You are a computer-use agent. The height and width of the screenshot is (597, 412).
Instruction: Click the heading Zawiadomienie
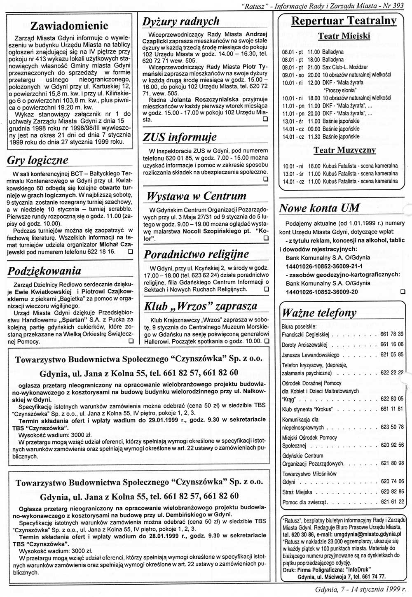pyautogui.click(x=69, y=26)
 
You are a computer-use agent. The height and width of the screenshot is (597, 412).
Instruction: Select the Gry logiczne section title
pyautogui.click(x=37, y=160)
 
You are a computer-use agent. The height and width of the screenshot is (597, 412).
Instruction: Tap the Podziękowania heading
pyautogui.click(x=44, y=271)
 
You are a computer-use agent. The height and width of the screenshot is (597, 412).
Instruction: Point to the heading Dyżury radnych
pyautogui.click(x=181, y=21)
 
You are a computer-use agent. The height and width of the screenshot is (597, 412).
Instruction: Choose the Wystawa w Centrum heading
pyautogui.click(x=196, y=196)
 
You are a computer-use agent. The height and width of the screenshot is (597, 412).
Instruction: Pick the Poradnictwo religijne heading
pyautogui.click(x=196, y=254)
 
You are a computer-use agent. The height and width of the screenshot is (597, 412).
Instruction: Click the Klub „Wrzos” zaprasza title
pyautogui.click(x=200, y=306)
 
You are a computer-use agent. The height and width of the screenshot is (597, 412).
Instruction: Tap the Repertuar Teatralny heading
pyautogui.click(x=344, y=21)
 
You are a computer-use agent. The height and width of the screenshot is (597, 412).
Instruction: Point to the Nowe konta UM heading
pyautogui.click(x=319, y=208)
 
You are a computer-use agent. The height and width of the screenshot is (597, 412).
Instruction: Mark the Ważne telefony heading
pyautogui.click(x=319, y=313)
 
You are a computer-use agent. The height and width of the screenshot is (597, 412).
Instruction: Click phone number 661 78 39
pyautogui.click(x=392, y=334)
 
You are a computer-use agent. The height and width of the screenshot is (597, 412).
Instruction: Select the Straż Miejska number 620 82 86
pyautogui.click(x=392, y=492)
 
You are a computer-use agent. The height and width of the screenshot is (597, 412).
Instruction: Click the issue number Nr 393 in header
pyautogui.click(x=398, y=6)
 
